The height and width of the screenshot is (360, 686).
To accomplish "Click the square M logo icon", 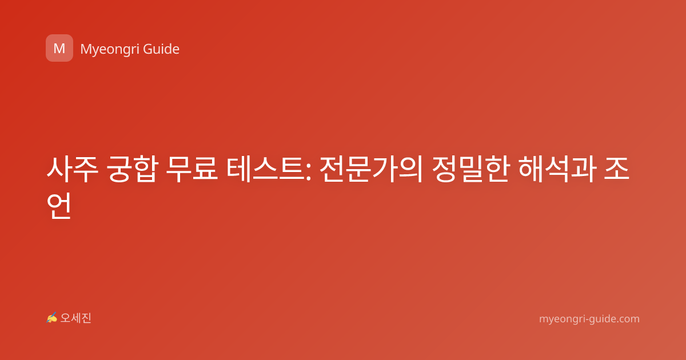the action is (x=59, y=48).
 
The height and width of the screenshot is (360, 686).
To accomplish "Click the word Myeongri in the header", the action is (x=110, y=49).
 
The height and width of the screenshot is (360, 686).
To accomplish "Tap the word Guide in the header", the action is (x=161, y=49).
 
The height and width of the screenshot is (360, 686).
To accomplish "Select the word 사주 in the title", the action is (x=72, y=169).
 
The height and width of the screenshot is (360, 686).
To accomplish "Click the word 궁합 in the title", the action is (x=132, y=169).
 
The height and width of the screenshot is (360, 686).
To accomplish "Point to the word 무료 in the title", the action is (x=192, y=169).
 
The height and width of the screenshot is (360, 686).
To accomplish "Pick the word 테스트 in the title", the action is (x=265, y=169).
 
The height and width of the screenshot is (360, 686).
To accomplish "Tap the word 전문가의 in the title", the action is (x=371, y=169).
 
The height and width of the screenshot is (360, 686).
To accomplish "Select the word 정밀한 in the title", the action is (x=471, y=169).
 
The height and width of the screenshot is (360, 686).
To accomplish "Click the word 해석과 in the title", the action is (x=557, y=169).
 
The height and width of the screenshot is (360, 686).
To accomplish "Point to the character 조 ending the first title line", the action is (x=617, y=169).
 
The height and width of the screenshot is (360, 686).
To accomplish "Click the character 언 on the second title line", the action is (x=59, y=205).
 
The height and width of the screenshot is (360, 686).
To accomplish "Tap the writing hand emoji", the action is (x=51, y=318).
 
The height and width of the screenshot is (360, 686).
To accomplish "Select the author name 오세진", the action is (x=75, y=318).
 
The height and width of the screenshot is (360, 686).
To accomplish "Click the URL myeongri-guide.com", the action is (x=589, y=319).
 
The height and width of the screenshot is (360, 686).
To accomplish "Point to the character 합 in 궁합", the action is (x=145, y=169).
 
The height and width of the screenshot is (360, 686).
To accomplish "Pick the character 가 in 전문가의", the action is (x=384, y=169).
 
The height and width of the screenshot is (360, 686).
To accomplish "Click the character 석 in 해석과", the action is (x=557, y=169).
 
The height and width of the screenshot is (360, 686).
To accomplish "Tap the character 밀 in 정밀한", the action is (x=471, y=169).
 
